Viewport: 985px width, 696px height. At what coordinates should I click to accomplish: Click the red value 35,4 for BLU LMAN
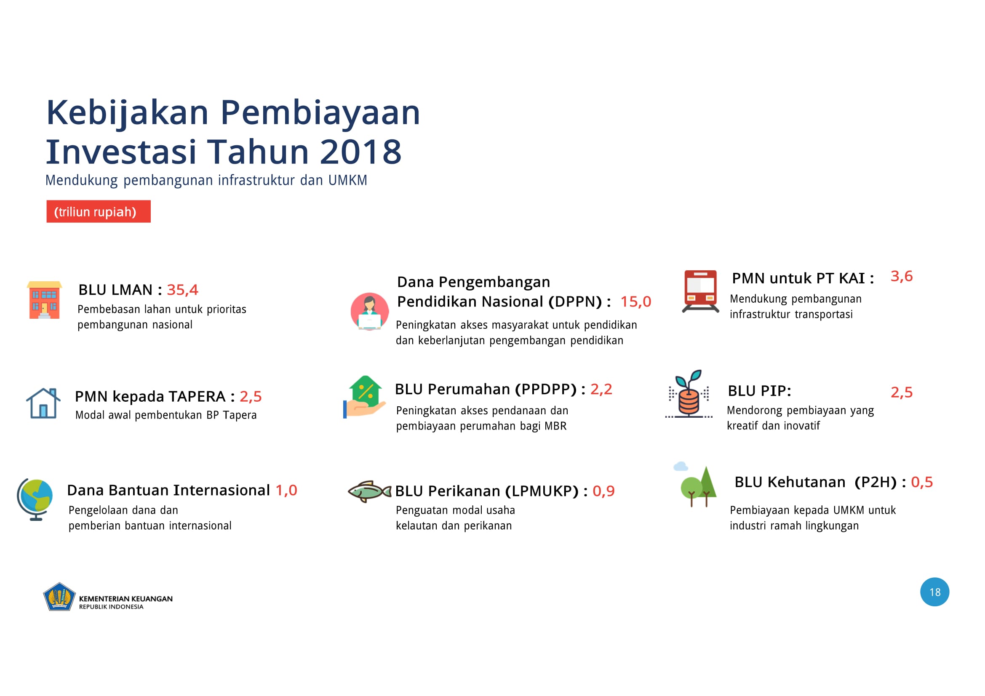tap(182, 290)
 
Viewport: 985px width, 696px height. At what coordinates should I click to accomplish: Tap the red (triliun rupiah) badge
tap(99, 211)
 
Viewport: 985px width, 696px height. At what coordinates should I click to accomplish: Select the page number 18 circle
tap(934, 592)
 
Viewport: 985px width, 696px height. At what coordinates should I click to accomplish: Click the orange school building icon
tap(44, 300)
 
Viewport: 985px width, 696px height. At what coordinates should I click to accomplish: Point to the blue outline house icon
tap(43, 403)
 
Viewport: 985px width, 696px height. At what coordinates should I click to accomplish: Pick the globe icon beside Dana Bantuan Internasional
tap(35, 500)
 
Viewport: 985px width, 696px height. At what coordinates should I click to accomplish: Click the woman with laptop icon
tap(369, 311)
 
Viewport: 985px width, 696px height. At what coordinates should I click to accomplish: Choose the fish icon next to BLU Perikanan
tap(369, 491)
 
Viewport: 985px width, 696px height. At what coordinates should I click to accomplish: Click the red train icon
tap(701, 291)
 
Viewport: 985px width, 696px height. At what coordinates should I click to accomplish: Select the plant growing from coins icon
tap(689, 394)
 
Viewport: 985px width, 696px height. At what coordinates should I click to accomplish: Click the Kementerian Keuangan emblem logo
tap(59, 597)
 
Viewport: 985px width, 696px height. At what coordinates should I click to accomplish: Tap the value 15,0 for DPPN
tap(636, 301)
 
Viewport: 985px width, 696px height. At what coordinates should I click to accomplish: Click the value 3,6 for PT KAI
tap(901, 276)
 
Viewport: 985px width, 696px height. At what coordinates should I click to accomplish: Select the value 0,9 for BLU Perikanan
tap(603, 491)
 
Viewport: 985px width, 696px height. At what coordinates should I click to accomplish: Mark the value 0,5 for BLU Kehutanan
tap(922, 482)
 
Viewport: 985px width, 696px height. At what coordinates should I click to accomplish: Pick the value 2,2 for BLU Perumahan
tap(601, 389)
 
